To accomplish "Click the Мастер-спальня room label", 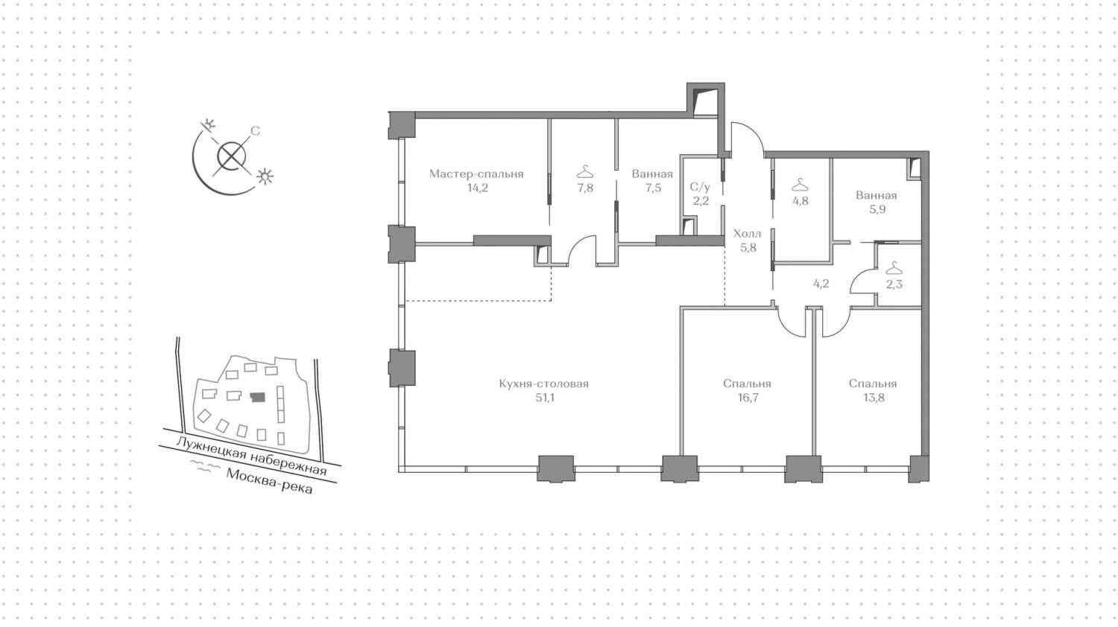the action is coord(476,174).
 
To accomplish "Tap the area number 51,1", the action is coord(543,398).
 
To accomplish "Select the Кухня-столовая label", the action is coord(543,383).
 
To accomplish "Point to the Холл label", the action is coord(747,233).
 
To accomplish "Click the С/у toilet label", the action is coord(700,187).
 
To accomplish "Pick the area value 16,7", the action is coord(747,398).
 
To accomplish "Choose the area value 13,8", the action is coord(873,398).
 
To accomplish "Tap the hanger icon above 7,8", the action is coord(585,172).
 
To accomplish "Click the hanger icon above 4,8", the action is coord(800,185).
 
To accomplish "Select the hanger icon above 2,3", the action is coord(894,268).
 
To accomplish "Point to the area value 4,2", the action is coord(821,284).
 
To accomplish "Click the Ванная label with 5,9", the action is coord(877,195).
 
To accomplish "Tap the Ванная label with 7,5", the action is coord(652,174).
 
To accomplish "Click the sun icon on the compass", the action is coord(265,176).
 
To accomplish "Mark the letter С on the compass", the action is coord(255,131).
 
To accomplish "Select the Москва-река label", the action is coord(270,481).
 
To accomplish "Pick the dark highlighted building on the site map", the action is coord(258,397).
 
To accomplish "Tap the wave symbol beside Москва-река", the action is coord(205,466).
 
